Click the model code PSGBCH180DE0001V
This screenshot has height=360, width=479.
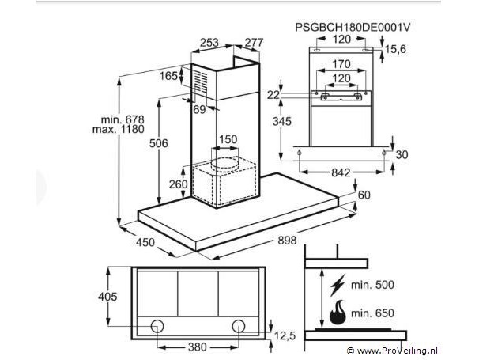coord(353,27)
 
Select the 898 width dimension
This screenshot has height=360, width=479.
coord(287,241)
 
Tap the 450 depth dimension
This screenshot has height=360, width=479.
coord(145,242)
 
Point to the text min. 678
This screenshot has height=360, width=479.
coord(123,119)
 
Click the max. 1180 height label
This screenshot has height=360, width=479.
coord(119,129)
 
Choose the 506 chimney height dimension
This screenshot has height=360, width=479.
coord(159,143)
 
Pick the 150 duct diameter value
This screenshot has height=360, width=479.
coord(228,139)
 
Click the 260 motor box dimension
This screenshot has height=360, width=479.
coord(179,184)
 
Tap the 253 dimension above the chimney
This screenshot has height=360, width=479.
coord(209,43)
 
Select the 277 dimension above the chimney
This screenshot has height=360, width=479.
coord(254,43)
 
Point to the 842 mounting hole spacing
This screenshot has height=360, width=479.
coord(341,172)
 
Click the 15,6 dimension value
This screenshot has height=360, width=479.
coord(395,49)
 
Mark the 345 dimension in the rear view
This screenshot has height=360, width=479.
coord(282,121)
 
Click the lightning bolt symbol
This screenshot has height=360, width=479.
coord(338,286)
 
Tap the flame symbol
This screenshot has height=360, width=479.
coord(338,313)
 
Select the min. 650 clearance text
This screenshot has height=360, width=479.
coord(372,313)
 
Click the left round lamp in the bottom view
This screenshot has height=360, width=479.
coord(157,326)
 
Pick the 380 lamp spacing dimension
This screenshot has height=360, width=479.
coord(198,347)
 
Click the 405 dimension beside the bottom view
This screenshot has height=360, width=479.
coord(107,297)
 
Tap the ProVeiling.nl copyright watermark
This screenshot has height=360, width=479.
coord(392,351)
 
